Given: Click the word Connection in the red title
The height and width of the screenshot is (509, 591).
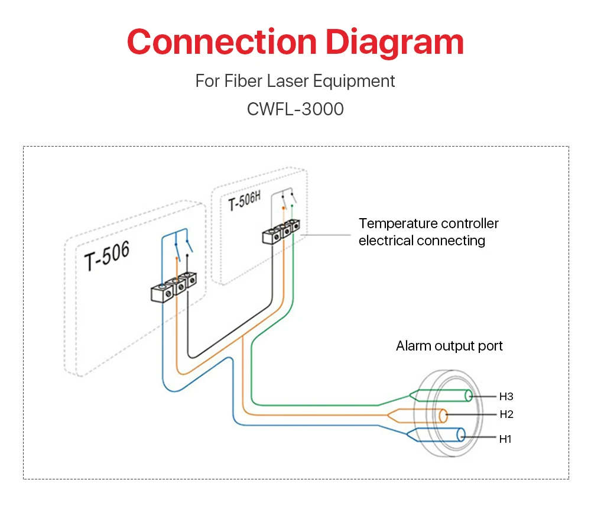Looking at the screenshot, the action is (x=222, y=42).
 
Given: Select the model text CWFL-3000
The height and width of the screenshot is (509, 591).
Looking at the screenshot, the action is (x=295, y=109).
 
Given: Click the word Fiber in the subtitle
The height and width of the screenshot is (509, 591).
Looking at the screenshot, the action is (x=243, y=80).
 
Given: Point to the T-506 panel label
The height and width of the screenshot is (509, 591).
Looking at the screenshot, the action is (x=107, y=255).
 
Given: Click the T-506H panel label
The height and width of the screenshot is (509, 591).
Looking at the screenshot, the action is (x=245, y=201).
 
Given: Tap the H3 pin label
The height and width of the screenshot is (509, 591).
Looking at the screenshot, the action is (x=506, y=397).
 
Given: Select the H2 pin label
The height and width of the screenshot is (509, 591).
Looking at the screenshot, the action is (x=506, y=414).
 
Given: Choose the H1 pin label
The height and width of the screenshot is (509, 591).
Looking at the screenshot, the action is (x=505, y=439).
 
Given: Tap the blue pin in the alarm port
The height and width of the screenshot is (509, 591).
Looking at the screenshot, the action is (x=436, y=435).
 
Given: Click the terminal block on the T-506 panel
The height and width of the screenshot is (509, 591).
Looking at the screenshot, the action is (x=173, y=287).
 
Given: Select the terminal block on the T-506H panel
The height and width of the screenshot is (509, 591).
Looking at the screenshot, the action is (x=281, y=232).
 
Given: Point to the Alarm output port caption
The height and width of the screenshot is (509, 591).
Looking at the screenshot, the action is (x=449, y=346).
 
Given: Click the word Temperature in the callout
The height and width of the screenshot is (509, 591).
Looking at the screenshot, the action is (x=398, y=223).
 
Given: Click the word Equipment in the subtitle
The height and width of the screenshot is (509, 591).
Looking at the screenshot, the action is (x=354, y=82).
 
